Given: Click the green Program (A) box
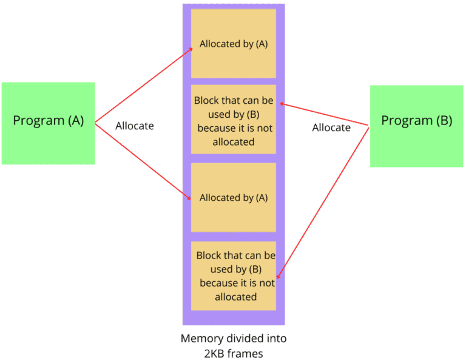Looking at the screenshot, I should (x=48, y=123).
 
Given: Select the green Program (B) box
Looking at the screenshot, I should (x=416, y=126).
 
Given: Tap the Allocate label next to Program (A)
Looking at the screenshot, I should (x=134, y=126).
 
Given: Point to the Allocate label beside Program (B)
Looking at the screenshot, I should (x=331, y=127).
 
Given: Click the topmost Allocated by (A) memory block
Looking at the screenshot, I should (x=234, y=44).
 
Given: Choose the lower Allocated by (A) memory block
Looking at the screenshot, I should (x=234, y=197).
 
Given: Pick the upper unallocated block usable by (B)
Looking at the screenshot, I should (x=234, y=120).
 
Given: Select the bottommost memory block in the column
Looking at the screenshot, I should (x=234, y=276).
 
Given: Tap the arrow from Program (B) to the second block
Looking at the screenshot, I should (x=325, y=115).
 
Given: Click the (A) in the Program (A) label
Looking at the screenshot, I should (x=76, y=120).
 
